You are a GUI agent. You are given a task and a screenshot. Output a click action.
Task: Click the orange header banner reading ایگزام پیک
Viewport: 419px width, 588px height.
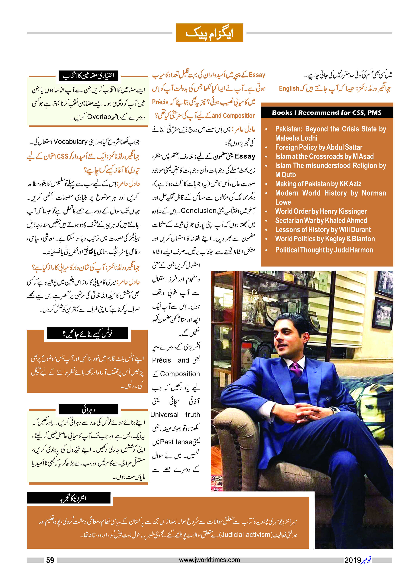coord(209,33)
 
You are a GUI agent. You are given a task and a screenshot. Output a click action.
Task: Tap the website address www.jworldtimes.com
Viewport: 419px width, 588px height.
coord(209,560)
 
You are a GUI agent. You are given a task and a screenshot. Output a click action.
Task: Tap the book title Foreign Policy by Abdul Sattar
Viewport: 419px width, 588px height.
coord(319,147)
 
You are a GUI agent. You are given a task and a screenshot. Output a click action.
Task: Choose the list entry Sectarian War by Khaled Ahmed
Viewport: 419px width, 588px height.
coord(321,221)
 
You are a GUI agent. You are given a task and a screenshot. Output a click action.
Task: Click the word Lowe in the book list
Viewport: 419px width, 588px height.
coord(283,202)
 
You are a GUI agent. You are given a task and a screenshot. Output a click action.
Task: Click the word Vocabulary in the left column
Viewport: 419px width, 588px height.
coord(70,142)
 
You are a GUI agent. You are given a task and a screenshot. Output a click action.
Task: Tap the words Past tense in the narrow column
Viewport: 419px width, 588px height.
coord(174,442)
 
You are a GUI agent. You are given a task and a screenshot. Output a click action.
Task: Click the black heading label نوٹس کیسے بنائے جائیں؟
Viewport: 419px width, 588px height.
coord(87,333)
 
